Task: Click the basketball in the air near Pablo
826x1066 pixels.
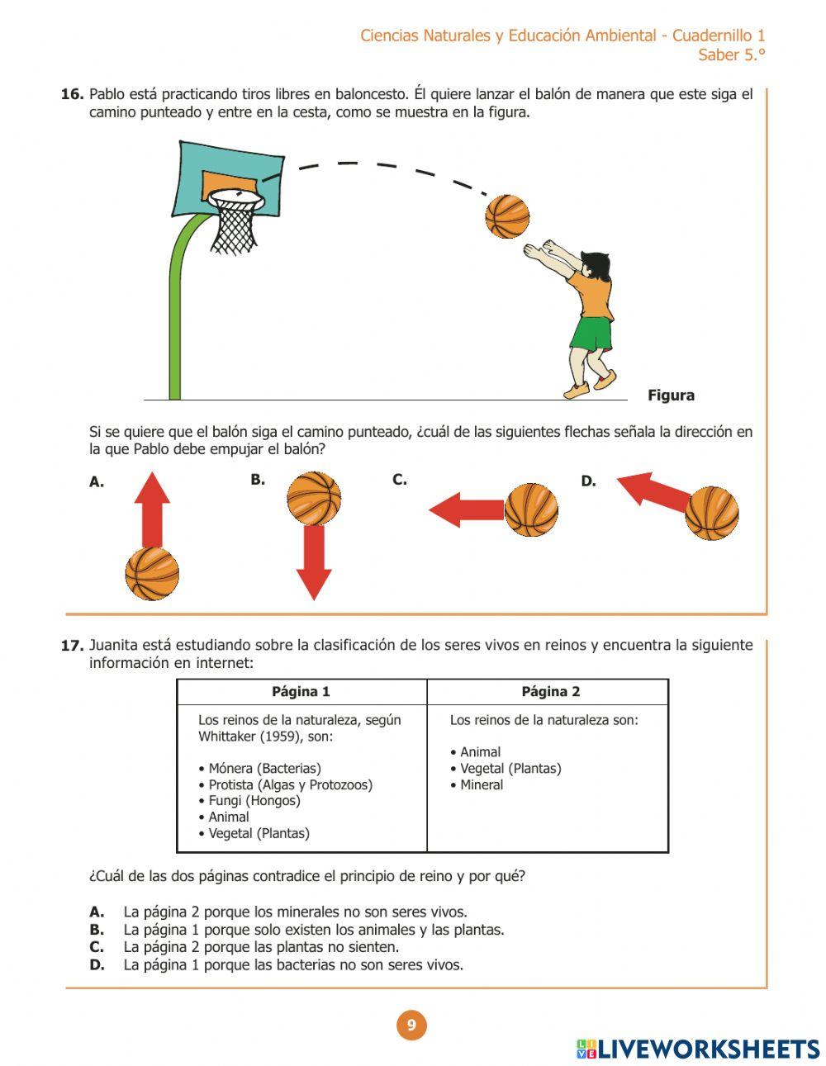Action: pos(506,217)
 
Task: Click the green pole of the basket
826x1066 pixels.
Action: pos(176,330)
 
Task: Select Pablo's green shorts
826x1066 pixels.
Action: pos(591,334)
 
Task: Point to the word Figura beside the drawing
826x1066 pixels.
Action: pos(671,396)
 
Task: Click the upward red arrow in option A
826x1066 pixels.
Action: pos(152,509)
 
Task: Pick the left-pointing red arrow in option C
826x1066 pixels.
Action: pos(466,509)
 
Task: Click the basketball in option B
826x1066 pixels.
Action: pos(314,498)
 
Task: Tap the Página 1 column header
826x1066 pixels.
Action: pos(301,692)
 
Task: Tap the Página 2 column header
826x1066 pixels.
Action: pos(550,692)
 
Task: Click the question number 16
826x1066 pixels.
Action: pos(72,94)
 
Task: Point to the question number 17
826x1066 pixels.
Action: pos(72,646)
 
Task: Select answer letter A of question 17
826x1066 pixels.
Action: pos(97,912)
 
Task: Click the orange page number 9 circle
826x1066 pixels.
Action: pos(411,1026)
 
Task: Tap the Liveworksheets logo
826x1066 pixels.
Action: pos(698,1049)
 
